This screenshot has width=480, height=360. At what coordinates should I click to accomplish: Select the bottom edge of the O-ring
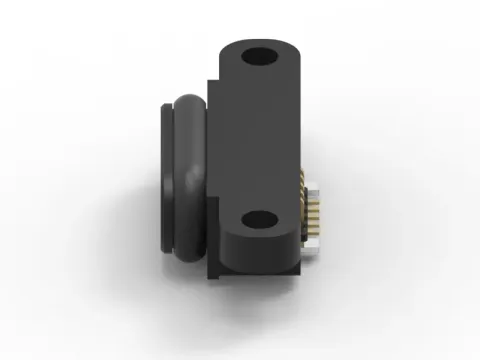tap(190, 262)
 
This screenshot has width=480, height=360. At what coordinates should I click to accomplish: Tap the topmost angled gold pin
tap(306, 185)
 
